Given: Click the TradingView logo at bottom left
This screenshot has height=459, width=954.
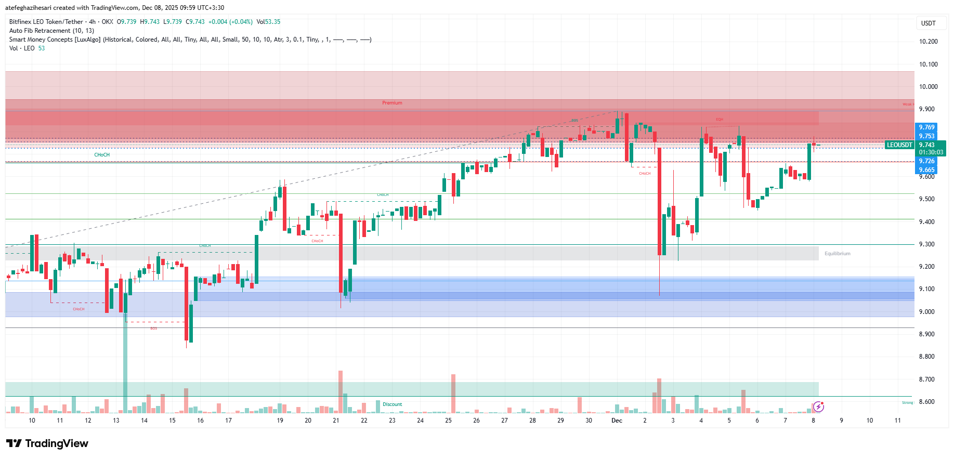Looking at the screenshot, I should (x=47, y=443).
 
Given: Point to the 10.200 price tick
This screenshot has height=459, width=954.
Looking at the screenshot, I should (x=928, y=42).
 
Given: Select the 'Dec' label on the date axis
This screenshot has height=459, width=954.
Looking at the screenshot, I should (x=617, y=421).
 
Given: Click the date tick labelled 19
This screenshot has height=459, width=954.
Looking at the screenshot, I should (x=280, y=421).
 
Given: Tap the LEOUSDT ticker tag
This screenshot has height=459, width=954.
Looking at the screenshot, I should (x=899, y=145).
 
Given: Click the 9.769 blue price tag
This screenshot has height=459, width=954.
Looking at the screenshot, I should (x=926, y=127).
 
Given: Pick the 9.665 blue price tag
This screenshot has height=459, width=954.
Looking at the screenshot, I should (x=926, y=170).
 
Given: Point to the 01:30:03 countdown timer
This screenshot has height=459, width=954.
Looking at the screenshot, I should (x=931, y=152).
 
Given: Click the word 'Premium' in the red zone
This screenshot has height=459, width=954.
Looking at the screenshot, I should (x=392, y=103).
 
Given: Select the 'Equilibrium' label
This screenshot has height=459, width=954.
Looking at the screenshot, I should (x=837, y=254).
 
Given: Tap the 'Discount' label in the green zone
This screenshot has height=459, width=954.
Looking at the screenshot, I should (x=392, y=404).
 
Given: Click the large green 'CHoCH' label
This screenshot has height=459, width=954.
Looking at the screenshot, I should (x=102, y=155).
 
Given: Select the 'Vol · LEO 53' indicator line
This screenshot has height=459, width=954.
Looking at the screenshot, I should (x=27, y=48).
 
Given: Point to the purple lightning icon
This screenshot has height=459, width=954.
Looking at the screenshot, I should (x=818, y=406).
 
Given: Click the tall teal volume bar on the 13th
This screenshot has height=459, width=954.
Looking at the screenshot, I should (x=125, y=364).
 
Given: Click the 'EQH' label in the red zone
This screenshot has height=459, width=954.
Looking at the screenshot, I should (x=719, y=120).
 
